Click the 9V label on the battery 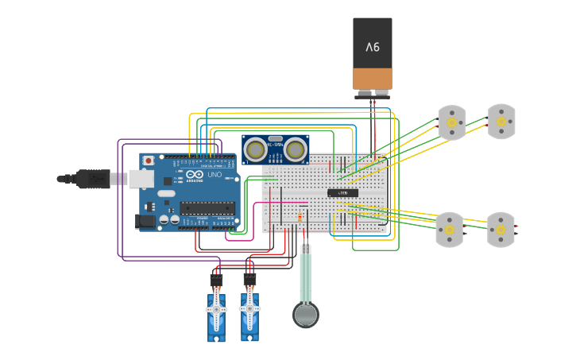click(x=373, y=47)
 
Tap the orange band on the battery click(x=373, y=78)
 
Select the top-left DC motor click(x=452, y=122)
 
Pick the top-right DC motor click(x=501, y=122)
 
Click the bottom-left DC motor click(x=449, y=230)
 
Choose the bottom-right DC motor click(x=501, y=230)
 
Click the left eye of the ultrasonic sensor click(x=255, y=148)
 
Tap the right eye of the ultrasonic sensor click(x=296, y=148)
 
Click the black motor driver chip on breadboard click(x=342, y=192)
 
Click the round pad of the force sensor click(x=306, y=315)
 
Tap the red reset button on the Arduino click(x=148, y=161)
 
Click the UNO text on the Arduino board click(x=215, y=175)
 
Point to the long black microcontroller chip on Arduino click(x=207, y=208)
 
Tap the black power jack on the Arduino click(x=145, y=221)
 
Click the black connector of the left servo click(x=216, y=281)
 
